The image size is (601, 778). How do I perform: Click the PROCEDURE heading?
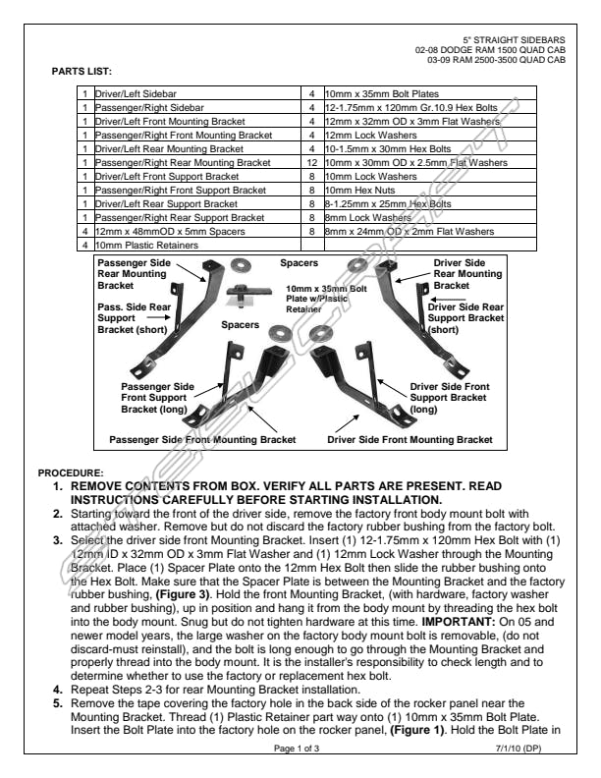point(70,473)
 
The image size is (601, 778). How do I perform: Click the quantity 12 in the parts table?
point(311,162)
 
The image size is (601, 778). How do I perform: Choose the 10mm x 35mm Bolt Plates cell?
point(374,92)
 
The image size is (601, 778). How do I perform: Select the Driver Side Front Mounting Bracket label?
point(410,440)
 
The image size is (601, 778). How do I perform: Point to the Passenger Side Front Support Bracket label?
point(156,398)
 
